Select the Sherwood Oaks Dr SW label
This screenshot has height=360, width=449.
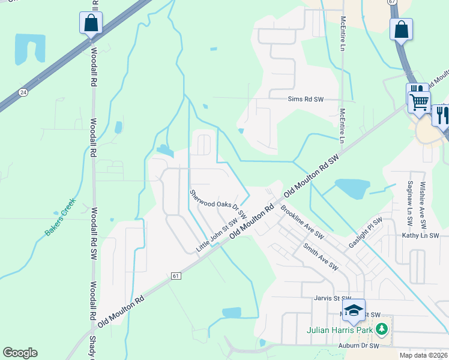point(218,204)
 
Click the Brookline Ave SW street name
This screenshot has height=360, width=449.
point(302,223)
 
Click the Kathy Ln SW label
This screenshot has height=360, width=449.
point(420,236)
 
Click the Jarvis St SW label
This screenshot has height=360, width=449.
point(332,298)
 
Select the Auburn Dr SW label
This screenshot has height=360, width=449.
point(358,346)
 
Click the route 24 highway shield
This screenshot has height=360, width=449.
point(23,92)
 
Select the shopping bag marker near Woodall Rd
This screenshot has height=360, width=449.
point(91,24)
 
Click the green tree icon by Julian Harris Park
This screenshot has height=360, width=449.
point(381,329)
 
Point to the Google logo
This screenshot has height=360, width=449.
point(20,353)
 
